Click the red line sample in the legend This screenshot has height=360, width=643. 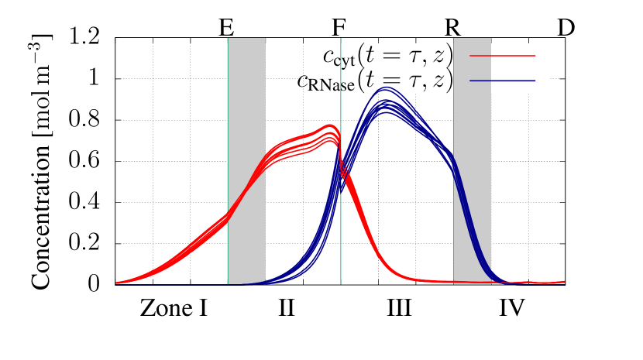(502, 56)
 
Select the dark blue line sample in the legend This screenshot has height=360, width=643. (502, 81)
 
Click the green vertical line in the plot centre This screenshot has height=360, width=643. (341, 232)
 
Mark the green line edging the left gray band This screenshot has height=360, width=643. (228, 116)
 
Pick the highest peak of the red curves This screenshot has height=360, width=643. (330, 125)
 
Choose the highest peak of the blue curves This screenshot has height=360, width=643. (386, 87)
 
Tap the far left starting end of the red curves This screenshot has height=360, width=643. (118, 283)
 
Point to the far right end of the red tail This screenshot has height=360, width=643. (563, 282)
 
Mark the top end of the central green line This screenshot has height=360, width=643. (341, 39)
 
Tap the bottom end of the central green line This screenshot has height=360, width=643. (341, 283)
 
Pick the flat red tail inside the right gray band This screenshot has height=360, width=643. (472, 282)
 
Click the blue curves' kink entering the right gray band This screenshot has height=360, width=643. (453, 161)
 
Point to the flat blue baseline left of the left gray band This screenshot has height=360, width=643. (178, 284)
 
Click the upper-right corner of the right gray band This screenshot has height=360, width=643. (490, 39)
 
